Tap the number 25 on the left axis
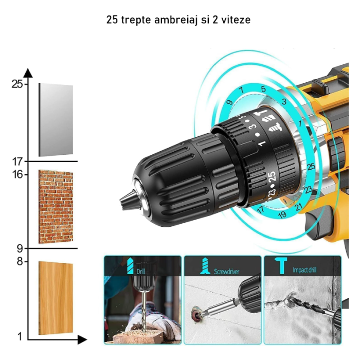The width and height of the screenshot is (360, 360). pos(16,84)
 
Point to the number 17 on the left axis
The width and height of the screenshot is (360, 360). pos(17,162)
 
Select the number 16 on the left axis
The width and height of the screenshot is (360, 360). pos(17,174)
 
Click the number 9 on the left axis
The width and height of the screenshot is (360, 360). pos(19,249)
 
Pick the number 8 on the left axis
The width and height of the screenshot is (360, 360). pos(19,261)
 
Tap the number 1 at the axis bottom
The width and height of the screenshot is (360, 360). pos(20,337)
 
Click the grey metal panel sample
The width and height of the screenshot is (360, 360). pos(56,120)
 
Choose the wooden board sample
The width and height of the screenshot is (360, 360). pos(56,298)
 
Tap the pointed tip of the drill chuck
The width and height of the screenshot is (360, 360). pos(123,198)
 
